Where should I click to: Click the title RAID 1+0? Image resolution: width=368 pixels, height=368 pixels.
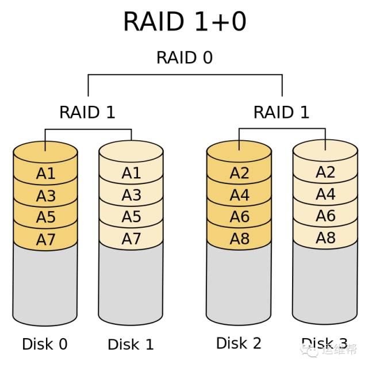(185, 21)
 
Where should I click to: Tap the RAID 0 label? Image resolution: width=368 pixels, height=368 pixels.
(185, 57)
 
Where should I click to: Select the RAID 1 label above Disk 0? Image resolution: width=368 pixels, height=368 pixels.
(87, 112)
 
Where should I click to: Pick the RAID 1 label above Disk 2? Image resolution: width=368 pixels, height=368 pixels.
(281, 112)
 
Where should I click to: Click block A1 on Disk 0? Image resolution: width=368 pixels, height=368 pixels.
(45, 174)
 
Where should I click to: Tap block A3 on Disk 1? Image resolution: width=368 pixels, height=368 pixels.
(131, 195)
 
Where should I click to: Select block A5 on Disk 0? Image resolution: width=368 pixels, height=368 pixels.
(45, 217)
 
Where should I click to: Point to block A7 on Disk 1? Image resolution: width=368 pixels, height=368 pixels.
(131, 239)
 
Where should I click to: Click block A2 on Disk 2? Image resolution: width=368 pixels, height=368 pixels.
(239, 172)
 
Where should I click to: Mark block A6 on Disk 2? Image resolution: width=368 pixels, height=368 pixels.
(239, 217)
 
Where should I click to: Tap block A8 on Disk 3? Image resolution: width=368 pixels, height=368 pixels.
(325, 237)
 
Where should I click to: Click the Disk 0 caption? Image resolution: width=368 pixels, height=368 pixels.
(45, 344)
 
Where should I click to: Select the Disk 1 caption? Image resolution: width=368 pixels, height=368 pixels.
(131, 344)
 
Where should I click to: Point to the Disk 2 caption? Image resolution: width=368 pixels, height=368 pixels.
(239, 343)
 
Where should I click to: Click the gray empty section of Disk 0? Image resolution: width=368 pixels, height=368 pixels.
(45, 282)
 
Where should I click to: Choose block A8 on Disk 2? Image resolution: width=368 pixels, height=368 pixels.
(239, 238)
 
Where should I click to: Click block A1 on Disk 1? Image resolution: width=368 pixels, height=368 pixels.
(131, 173)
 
